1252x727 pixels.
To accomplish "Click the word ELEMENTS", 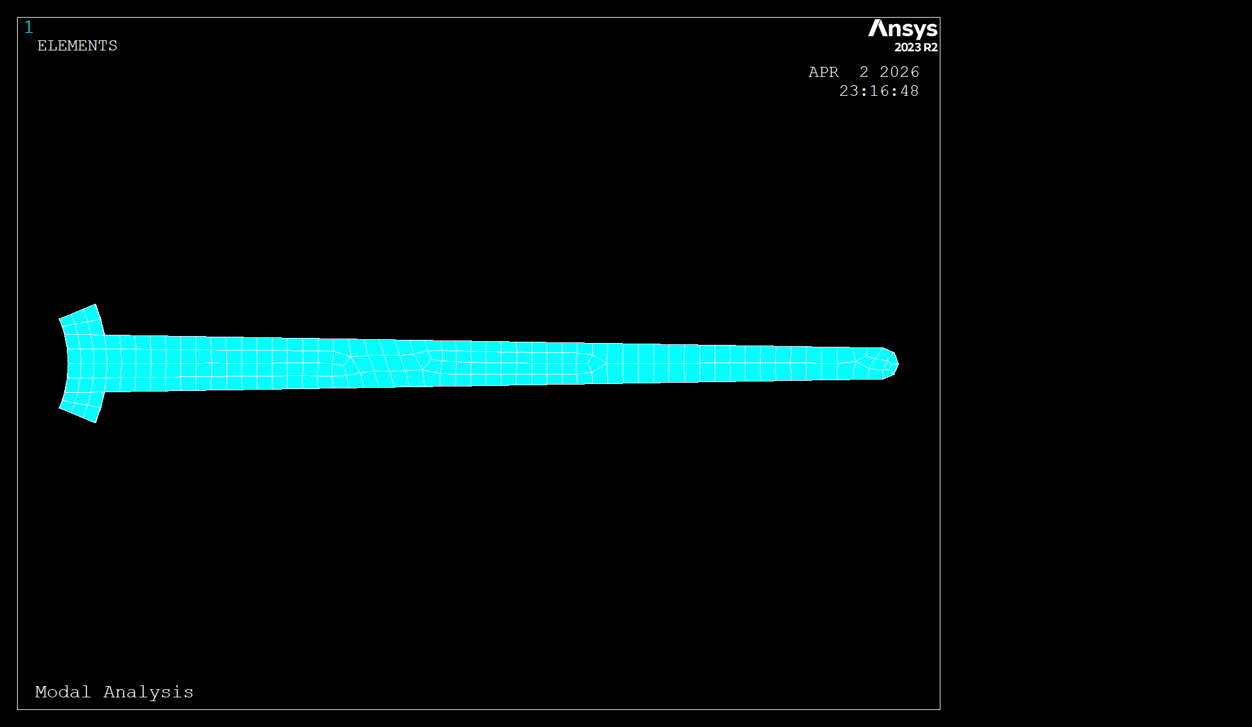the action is click(77, 46).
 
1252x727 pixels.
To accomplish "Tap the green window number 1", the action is click(28, 28).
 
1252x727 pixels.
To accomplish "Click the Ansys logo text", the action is click(903, 29).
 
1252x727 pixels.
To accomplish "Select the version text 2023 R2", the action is click(916, 47).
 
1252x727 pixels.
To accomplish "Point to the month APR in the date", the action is click(824, 73).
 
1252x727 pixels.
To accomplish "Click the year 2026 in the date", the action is click(899, 73).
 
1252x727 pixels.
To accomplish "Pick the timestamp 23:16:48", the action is click(879, 91).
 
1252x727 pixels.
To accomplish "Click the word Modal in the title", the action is click(63, 692).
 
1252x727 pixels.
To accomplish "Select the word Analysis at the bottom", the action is click(148, 692).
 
